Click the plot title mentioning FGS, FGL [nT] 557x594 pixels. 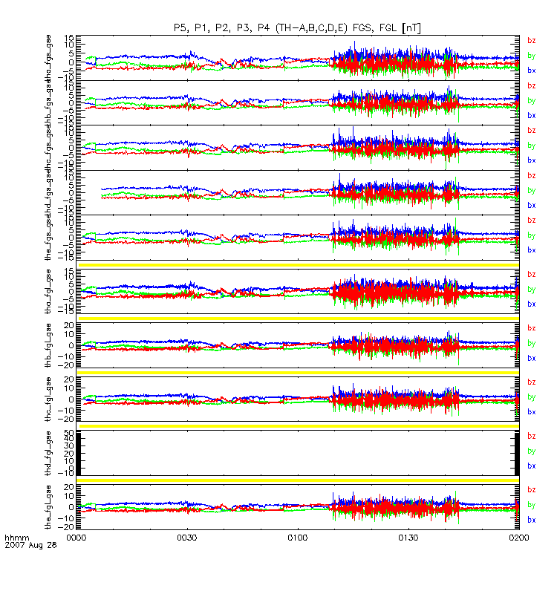coord(297,27)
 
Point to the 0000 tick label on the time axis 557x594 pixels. coord(77,535)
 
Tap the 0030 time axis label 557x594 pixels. coord(187,535)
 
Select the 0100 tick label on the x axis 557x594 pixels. coord(297,535)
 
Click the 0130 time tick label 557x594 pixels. coord(408,535)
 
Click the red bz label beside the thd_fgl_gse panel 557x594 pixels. coord(531,436)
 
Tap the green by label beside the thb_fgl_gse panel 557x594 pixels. coord(531,343)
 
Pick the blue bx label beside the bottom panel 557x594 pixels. coord(531,520)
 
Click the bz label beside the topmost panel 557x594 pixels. coord(531,40)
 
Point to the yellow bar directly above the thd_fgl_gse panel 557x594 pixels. coord(297,426)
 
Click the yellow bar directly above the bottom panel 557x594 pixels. coord(297,480)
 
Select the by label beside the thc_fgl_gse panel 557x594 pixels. coord(531,396)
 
